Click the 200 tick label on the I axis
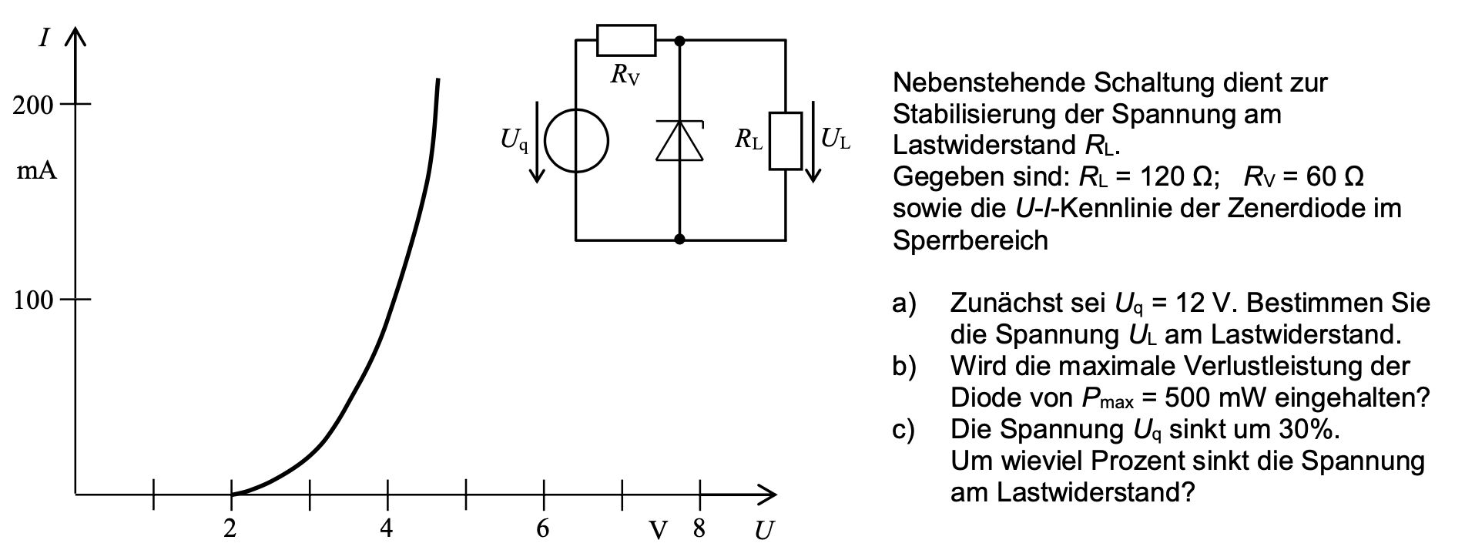click(33, 106)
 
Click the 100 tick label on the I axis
click(33, 300)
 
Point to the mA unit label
click(37, 171)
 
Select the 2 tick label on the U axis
click(230, 528)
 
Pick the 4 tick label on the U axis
click(387, 528)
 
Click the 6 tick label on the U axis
click(543, 528)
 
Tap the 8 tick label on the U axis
click(699, 528)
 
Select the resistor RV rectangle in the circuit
click(626, 40)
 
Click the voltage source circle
click(577, 142)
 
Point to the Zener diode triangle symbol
click(679, 142)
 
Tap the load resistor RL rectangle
click(786, 141)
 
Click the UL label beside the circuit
click(835, 139)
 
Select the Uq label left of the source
click(515, 140)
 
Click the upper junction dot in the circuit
click(679, 40)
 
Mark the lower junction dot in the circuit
click(679, 240)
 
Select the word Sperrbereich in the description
click(971, 241)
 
